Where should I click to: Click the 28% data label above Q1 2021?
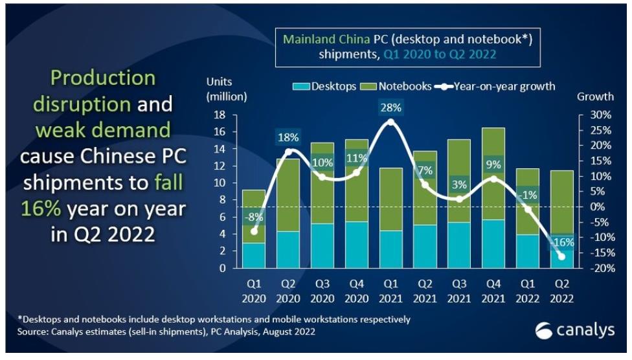[390, 107]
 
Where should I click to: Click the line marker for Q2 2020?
[289, 152]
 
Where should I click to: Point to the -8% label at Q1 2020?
[254, 216]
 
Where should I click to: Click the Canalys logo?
[574, 332]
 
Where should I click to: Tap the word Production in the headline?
[103, 79]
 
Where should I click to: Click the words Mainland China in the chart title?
[326, 39]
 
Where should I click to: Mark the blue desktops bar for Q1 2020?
[254, 255]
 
